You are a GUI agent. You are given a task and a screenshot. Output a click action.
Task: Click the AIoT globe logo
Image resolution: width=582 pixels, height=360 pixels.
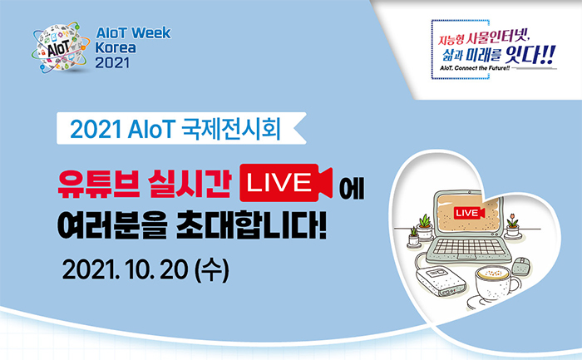click(x=61, y=47)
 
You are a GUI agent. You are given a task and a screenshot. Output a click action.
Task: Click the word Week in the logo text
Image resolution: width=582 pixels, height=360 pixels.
click(x=151, y=33)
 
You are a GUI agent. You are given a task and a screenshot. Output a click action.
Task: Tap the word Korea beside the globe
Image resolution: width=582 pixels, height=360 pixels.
click(x=116, y=48)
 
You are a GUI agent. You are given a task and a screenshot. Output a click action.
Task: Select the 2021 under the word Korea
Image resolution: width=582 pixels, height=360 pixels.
click(x=112, y=62)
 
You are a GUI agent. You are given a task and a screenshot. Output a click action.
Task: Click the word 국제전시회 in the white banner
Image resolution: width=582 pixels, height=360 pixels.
click(x=231, y=129)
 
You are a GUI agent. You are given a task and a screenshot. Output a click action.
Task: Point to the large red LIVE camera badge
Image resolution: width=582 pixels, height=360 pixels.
click(x=286, y=183)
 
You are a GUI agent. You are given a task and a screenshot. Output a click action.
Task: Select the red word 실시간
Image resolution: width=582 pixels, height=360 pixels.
click(x=190, y=184)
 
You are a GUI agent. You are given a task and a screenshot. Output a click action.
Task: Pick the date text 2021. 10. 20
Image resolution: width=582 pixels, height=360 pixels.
click(x=125, y=270)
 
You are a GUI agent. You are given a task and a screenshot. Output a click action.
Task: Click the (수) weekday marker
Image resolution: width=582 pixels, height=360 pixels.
click(x=211, y=270)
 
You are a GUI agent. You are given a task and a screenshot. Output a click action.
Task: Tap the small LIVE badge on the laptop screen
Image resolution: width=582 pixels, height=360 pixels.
click(x=469, y=213)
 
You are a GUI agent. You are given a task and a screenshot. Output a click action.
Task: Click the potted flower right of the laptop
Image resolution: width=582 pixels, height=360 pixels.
click(x=513, y=226)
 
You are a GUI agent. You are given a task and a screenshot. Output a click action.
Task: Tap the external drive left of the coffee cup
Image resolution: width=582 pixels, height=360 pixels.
click(x=441, y=282)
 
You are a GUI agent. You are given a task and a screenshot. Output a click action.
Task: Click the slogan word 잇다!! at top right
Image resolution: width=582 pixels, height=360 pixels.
click(x=530, y=55)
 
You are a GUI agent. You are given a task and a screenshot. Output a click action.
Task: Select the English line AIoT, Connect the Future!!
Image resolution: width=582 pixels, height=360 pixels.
click(x=475, y=68)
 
